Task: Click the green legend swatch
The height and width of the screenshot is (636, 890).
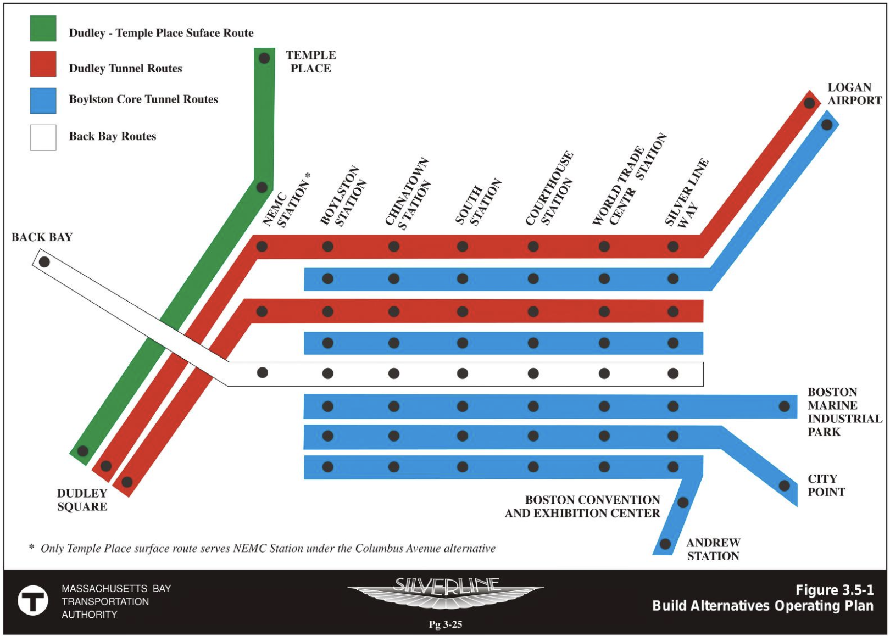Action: click(x=43, y=29)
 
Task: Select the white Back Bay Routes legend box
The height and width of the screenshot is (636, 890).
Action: click(x=43, y=137)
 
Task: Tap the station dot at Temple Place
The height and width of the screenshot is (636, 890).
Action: click(x=264, y=58)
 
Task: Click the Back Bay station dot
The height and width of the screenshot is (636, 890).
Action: click(x=44, y=262)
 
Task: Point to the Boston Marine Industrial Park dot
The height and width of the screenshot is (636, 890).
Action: click(x=784, y=406)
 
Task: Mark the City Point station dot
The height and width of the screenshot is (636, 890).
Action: click(x=784, y=486)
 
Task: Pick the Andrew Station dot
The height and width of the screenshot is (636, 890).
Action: click(x=665, y=544)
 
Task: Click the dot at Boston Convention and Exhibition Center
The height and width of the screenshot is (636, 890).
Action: click(x=683, y=502)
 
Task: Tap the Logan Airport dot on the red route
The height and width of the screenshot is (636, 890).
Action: click(x=809, y=103)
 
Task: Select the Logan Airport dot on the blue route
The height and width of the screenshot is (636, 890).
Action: click(x=827, y=125)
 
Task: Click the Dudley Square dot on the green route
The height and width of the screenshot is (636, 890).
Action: click(x=82, y=451)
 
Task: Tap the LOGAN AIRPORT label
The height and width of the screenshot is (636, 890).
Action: click(x=854, y=94)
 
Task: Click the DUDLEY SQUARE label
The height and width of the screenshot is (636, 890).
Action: click(x=82, y=500)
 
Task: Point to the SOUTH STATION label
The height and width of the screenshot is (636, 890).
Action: click(x=478, y=202)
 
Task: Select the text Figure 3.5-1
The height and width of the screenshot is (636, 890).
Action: click(x=834, y=590)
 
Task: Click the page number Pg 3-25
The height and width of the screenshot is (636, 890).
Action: click(x=445, y=624)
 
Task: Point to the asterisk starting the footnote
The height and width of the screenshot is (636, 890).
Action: click(x=32, y=547)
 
